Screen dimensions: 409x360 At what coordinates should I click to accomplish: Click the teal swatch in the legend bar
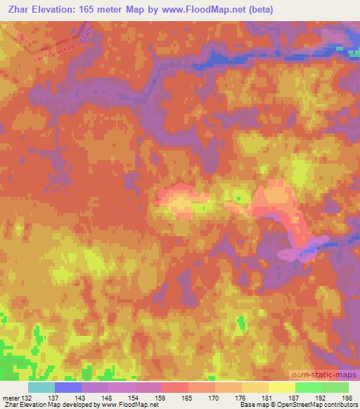[41, 387]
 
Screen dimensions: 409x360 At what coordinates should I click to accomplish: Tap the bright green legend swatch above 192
[308, 387]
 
